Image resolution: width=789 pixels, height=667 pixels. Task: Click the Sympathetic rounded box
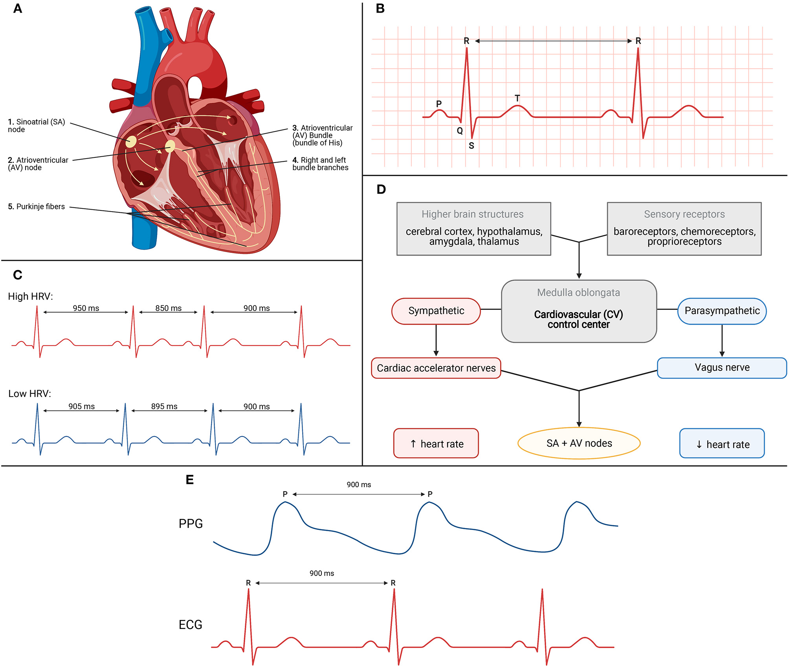point(436,311)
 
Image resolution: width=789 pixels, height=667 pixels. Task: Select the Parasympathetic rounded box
point(722,311)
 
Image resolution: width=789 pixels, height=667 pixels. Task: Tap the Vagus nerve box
point(722,367)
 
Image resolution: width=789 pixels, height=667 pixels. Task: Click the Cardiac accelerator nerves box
point(436,368)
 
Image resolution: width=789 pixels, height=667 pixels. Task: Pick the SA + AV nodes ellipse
point(579,443)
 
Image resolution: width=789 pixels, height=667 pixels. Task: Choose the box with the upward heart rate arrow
point(436,444)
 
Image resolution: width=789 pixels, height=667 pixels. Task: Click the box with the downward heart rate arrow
point(722,444)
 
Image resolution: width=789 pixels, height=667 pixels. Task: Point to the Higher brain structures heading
point(472,214)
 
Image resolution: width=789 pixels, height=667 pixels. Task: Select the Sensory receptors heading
point(684,214)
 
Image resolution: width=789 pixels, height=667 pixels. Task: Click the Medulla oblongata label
point(578,292)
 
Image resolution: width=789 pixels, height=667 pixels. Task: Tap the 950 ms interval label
point(86,308)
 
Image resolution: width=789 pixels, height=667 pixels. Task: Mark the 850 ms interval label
point(168,308)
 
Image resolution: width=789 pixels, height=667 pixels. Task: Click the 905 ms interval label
point(81,406)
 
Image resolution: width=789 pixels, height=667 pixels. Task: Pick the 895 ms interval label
point(164,406)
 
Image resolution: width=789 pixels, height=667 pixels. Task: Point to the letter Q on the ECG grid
point(460,131)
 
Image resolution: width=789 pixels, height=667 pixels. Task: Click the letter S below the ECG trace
point(472,146)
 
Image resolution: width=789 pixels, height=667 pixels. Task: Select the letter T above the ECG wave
point(517,98)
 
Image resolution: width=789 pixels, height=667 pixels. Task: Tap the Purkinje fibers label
point(37,206)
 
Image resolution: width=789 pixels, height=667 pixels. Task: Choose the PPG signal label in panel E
point(191,523)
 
